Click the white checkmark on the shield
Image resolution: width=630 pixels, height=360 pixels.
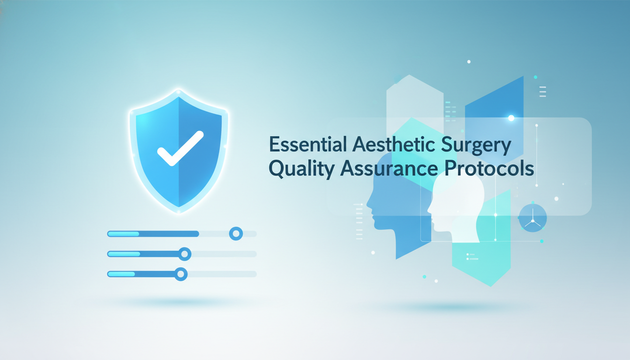click(180, 148)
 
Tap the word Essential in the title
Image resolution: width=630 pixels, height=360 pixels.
click(307, 144)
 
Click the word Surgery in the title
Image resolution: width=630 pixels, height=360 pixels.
click(476, 146)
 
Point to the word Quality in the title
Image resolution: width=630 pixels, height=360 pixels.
click(302, 170)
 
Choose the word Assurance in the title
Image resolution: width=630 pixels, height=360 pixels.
click(389, 169)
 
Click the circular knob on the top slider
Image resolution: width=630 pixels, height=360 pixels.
click(236, 233)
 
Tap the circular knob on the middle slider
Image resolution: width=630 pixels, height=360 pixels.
click(185, 254)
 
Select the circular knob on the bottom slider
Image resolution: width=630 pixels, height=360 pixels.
click(181, 274)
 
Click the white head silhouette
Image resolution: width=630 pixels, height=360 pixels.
click(456, 208)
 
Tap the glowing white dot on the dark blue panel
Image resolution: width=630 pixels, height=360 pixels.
click(511, 118)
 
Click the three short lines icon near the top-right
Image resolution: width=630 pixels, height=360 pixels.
click(543, 92)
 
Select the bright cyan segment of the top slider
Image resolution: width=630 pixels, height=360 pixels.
click(123, 234)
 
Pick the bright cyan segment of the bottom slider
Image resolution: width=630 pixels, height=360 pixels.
click(121, 274)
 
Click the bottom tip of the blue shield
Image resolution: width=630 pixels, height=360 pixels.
click(179, 207)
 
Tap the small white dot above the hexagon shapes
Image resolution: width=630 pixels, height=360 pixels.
click(469, 61)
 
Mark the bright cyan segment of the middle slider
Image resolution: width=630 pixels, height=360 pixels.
click(124, 254)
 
